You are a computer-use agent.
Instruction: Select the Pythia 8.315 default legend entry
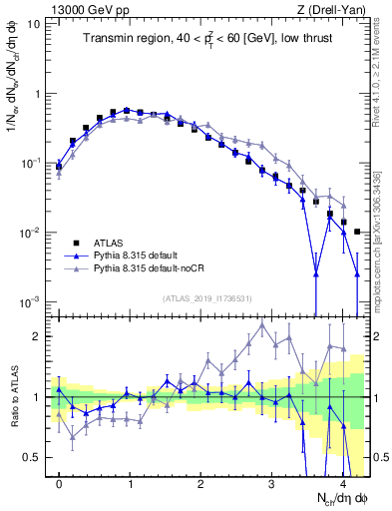(134, 255)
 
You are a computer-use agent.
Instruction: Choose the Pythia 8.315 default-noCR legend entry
(146, 268)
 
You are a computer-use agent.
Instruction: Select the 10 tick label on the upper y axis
(34, 23)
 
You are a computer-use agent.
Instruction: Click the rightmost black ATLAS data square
(357, 232)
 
